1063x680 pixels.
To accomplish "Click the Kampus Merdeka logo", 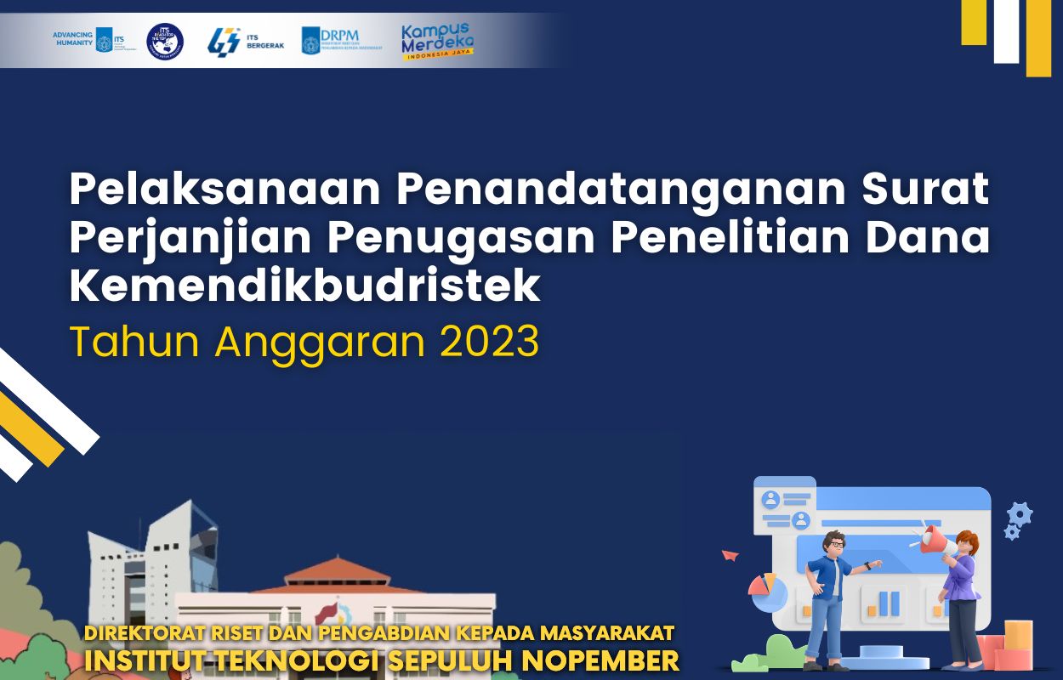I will coord(437,41).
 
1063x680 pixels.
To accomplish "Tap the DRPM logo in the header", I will coord(340,40).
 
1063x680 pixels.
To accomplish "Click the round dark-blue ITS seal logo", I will coord(165,41).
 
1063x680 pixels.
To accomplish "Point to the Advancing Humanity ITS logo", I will coord(82,40).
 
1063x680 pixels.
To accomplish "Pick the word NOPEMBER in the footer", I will coord(600,660).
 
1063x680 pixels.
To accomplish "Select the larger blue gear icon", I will coord(1019,513).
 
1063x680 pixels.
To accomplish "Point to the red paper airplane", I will coord(730,555).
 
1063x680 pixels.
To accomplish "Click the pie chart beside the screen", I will coord(767,592).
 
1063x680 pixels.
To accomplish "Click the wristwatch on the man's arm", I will coord(867,565).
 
